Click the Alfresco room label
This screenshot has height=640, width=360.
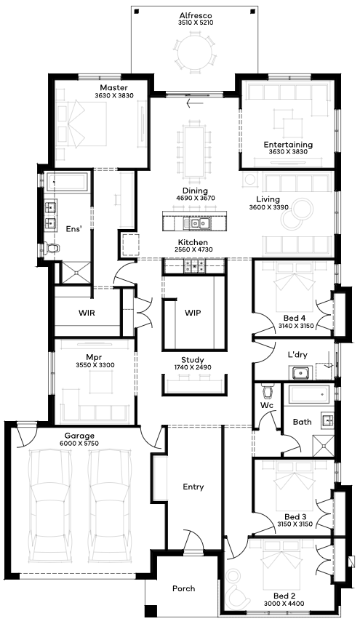coord(196,16)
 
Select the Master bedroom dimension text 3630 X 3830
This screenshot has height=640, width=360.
coord(114,95)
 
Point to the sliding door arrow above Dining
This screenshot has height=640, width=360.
coord(195,103)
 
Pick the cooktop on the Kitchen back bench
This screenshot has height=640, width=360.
coord(195,267)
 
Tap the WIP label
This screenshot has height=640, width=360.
coord(193,313)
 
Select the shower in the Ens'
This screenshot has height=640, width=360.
coord(76,272)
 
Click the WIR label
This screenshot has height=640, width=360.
coord(87,313)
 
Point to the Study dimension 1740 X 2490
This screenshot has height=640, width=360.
coord(193,367)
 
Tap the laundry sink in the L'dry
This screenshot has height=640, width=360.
coord(301,372)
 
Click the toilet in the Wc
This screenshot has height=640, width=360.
coord(268,391)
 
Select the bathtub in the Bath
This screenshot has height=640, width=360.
coord(308,395)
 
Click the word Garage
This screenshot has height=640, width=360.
coord(79,436)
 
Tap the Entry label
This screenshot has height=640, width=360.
coord(193,487)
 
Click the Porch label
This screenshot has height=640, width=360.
coord(184,588)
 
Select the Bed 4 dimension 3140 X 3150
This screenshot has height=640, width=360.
coord(295,326)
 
